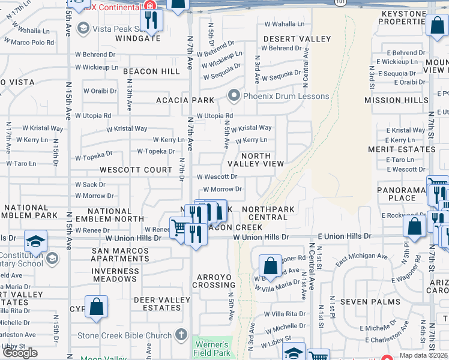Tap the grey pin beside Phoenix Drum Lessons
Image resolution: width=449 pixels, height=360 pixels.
click(x=234, y=96)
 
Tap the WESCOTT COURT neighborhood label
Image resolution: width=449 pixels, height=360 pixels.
click(x=136, y=170)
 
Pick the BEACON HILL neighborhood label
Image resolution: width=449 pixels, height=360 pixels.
click(x=152, y=71)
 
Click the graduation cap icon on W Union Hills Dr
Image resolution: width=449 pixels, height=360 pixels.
click(x=35, y=241)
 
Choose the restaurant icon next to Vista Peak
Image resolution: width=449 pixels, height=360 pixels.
click(x=151, y=22)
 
